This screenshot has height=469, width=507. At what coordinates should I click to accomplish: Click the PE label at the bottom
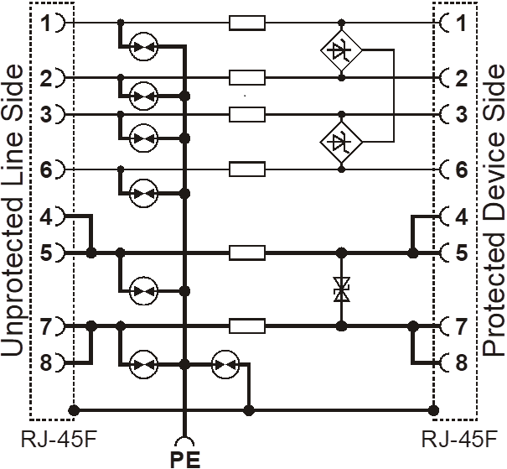pos(185,458)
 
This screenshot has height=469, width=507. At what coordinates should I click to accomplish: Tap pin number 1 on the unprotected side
pos(46,23)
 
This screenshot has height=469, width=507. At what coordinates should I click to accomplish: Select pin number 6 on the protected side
pos(462,169)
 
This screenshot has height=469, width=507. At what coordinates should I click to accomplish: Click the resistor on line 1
pos(247,23)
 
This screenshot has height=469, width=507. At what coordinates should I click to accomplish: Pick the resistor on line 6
pos(247,169)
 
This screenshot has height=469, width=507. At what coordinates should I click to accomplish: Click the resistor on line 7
pos(247,326)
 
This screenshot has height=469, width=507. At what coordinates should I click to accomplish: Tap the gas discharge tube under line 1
pos(143,47)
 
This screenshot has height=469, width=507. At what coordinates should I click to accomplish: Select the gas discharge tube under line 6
pos(143,194)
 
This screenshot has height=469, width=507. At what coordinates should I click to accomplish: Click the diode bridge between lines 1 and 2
pos(341,50)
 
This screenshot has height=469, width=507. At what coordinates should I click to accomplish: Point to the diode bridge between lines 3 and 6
pos(341,142)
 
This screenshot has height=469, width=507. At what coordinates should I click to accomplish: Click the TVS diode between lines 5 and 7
pos(341,289)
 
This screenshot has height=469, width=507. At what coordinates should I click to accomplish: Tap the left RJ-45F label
pos(59,440)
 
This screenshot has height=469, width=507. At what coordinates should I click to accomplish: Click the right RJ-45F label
pos(459,440)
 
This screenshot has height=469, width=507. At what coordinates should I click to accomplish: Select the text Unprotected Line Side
pos(13,211)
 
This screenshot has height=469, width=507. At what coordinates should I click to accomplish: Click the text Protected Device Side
pos(493,211)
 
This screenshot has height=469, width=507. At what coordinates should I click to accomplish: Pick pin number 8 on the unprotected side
pos(46,362)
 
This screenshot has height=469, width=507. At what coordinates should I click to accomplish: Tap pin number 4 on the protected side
pos(462,216)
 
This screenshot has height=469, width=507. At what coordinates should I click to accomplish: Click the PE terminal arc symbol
pos(184,440)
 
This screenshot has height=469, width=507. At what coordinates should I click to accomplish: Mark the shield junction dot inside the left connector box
pos(74,410)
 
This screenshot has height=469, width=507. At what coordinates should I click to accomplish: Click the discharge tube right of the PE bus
pos(225,364)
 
